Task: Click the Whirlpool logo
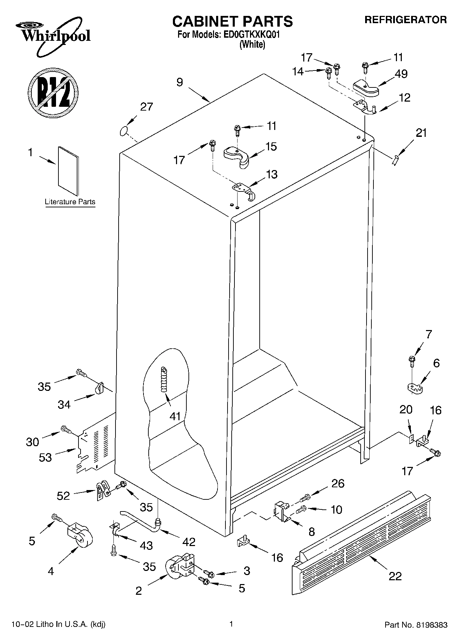point(54,36)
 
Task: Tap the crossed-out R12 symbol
point(53,92)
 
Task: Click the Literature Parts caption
point(70,202)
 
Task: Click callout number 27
point(146,107)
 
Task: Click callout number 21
point(421,133)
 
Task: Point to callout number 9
point(179,83)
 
